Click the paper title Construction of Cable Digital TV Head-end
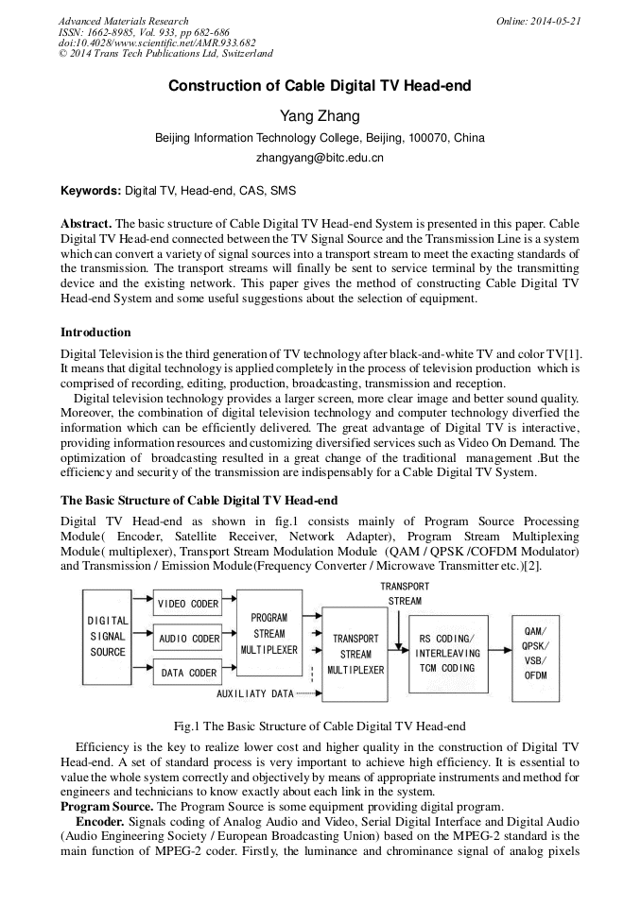pyautogui.click(x=320, y=86)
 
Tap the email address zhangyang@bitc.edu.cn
pyautogui.click(x=320, y=158)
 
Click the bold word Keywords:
pyautogui.click(x=91, y=190)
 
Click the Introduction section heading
pyautogui.click(x=95, y=332)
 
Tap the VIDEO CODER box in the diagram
pyautogui.click(x=187, y=604)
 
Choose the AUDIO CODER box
pyautogui.click(x=187, y=639)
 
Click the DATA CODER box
pyautogui.click(x=187, y=673)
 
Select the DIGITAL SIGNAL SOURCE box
pyautogui.click(x=108, y=636)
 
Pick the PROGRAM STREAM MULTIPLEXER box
pyautogui.click(x=269, y=633)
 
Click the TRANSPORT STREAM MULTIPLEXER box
pyautogui.click(x=355, y=654)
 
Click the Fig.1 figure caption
pyautogui.click(x=320, y=727)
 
